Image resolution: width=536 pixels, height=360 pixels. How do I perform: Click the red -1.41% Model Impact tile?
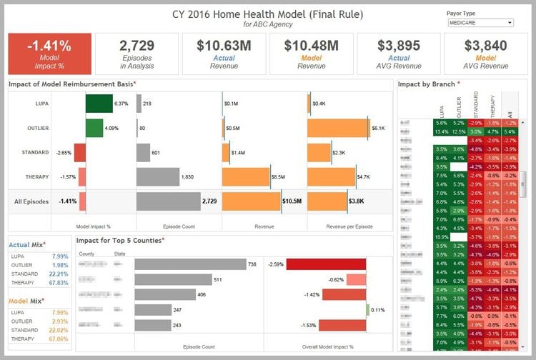pos(49,54)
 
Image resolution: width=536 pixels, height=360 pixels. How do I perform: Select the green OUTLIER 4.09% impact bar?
pos(94,128)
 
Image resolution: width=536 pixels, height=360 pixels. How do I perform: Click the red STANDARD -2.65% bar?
pos(80,152)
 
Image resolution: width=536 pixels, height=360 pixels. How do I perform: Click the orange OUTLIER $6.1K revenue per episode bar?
pos(339,128)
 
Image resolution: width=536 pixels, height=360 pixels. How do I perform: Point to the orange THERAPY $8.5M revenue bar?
pos(247,176)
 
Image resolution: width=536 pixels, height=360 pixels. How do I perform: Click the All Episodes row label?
pos(31,201)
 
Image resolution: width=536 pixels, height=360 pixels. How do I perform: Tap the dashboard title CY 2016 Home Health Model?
pos(268,14)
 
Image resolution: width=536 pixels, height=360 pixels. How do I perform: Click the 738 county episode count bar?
pos(190,264)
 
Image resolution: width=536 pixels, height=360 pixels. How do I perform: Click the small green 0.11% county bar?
pos(368,310)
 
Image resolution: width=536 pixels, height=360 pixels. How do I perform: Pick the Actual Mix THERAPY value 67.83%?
pos(59,282)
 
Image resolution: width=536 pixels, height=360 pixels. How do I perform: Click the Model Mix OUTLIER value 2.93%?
pos(59,321)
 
